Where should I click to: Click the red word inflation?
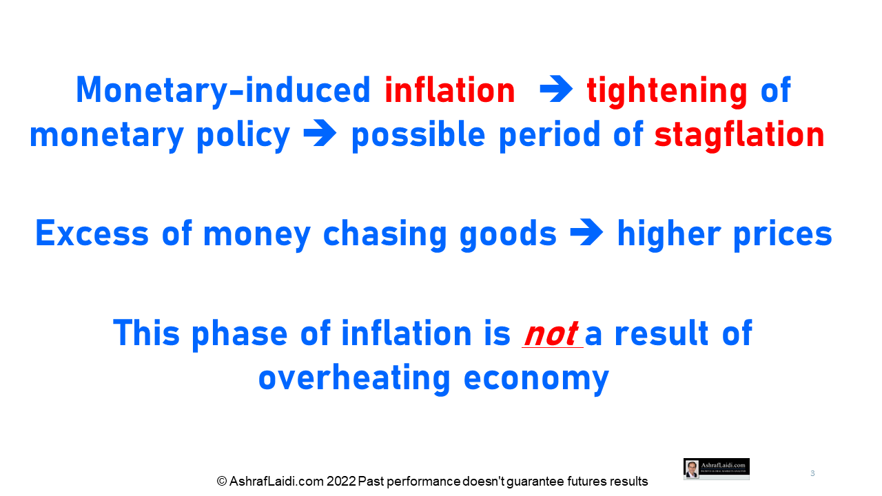point(450,90)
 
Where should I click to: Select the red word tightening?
point(666,92)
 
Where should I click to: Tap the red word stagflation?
point(739,136)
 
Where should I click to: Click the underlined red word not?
point(552,334)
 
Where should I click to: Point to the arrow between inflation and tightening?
point(556,89)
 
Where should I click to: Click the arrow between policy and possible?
point(320,133)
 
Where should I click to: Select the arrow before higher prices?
point(586,232)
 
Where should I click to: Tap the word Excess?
point(92,233)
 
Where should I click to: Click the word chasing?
point(384,235)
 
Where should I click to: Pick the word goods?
point(508,235)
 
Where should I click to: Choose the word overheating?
point(354,379)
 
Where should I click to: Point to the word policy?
point(243,136)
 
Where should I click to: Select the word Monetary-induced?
point(223,92)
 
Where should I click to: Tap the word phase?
point(239,335)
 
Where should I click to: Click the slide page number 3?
point(812,473)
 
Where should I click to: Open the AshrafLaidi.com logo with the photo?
point(716,469)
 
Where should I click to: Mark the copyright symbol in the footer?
point(222,481)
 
